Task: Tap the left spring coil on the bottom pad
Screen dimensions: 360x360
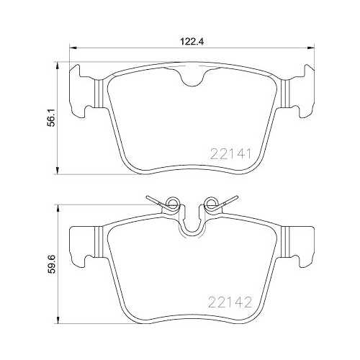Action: (171, 204)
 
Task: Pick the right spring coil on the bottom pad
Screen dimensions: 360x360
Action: (212, 204)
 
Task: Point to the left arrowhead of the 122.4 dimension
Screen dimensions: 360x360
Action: (71, 49)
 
